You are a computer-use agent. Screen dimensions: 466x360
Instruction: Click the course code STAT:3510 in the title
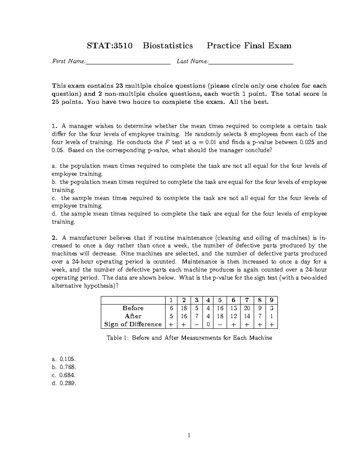point(109,46)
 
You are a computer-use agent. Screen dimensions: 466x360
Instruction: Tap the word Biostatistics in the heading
point(168,46)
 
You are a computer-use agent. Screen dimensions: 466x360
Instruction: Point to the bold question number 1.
point(54,126)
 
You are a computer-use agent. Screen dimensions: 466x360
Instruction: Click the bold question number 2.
point(54,238)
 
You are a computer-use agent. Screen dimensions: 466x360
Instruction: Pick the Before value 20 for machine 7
point(247,308)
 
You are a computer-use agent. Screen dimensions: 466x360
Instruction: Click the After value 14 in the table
point(247,316)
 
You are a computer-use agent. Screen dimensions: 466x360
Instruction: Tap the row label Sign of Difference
point(133,324)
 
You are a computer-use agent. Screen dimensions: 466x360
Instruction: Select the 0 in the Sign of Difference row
point(208,324)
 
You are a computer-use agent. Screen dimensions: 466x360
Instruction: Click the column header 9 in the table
point(271,300)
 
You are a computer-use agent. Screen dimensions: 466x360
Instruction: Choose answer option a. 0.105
point(64,359)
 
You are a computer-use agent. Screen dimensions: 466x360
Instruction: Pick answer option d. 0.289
point(64,383)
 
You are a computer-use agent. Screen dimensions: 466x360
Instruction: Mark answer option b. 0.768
point(64,367)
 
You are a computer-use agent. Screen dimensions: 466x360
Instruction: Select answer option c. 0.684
point(64,375)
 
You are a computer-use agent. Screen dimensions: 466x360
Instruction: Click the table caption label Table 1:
point(118,338)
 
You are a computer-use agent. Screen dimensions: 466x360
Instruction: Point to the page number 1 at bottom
point(189,435)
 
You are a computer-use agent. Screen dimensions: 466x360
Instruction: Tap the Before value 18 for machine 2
point(184,308)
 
